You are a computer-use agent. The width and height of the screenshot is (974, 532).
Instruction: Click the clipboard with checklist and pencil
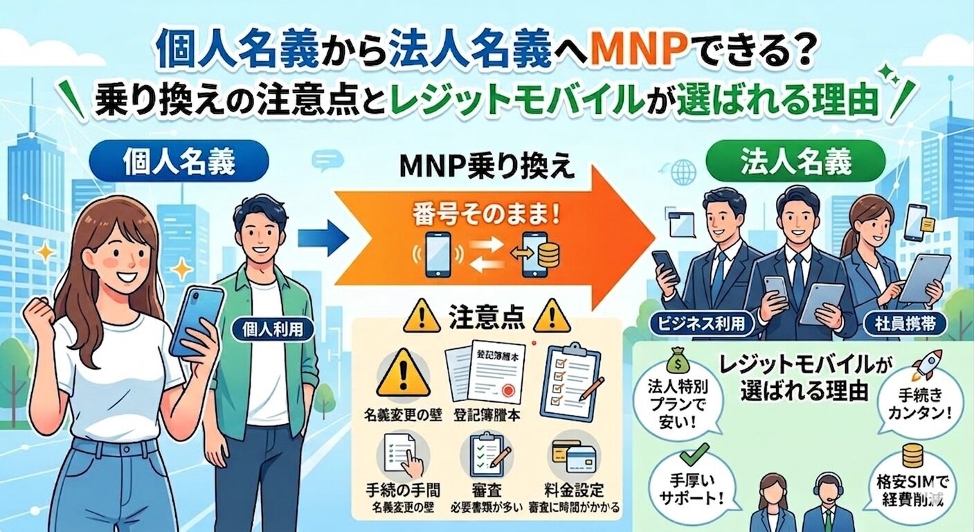[x=569, y=381]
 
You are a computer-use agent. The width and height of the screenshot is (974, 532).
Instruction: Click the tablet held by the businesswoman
[x=923, y=277]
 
